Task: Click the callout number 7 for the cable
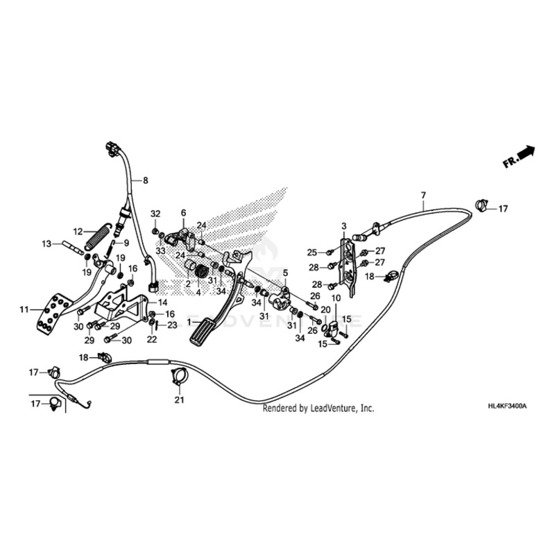[x=423, y=195]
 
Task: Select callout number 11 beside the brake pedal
[x=24, y=309]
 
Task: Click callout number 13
[x=46, y=244]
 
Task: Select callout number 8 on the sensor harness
[x=146, y=180]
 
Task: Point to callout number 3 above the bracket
[x=343, y=226]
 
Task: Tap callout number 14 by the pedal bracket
[x=162, y=303]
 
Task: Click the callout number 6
[x=184, y=212]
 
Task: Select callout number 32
[x=155, y=213]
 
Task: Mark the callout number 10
[x=335, y=298]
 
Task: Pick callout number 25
[x=312, y=252]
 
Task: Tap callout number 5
[x=284, y=273]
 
